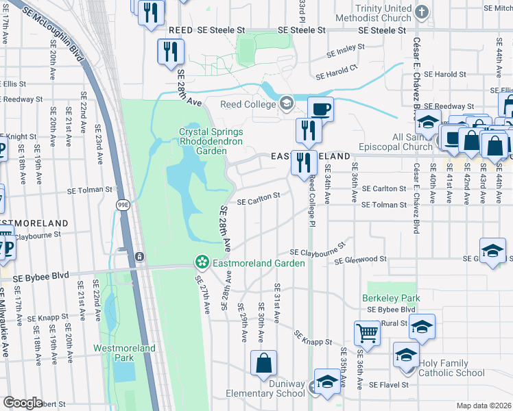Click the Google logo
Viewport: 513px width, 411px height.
click(x=23, y=403)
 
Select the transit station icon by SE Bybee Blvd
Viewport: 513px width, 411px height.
click(x=139, y=256)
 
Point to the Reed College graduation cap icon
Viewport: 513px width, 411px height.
click(x=286, y=103)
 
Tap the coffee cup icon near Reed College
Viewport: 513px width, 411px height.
click(x=320, y=108)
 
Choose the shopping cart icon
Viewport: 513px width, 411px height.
click(x=367, y=333)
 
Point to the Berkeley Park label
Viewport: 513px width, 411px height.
click(x=391, y=299)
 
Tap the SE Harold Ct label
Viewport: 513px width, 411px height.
click(x=336, y=72)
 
